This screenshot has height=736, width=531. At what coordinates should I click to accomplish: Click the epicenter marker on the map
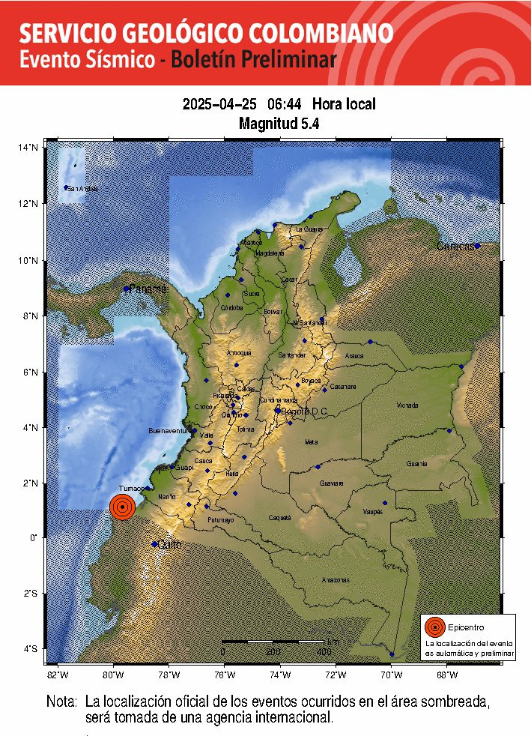tap(122, 507)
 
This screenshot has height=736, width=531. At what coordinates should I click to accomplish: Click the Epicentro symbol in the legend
tap(434, 627)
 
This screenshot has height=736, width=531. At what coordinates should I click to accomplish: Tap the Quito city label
tap(171, 545)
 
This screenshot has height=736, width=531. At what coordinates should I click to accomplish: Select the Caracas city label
tap(455, 247)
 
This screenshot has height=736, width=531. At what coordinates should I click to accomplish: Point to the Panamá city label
tap(148, 289)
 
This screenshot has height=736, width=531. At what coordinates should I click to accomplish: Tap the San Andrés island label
tap(83, 189)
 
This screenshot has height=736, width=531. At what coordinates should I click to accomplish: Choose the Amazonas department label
tap(336, 580)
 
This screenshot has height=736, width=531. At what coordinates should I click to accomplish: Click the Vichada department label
tap(407, 405)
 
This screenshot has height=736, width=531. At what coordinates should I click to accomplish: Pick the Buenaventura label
tap(169, 431)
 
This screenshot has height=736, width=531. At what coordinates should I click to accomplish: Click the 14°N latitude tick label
tap(28, 148)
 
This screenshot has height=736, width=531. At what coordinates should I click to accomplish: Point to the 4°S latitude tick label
tap(28, 648)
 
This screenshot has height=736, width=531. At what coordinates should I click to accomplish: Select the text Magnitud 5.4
tap(279, 124)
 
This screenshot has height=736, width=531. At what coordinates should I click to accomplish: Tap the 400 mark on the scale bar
tap(324, 651)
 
